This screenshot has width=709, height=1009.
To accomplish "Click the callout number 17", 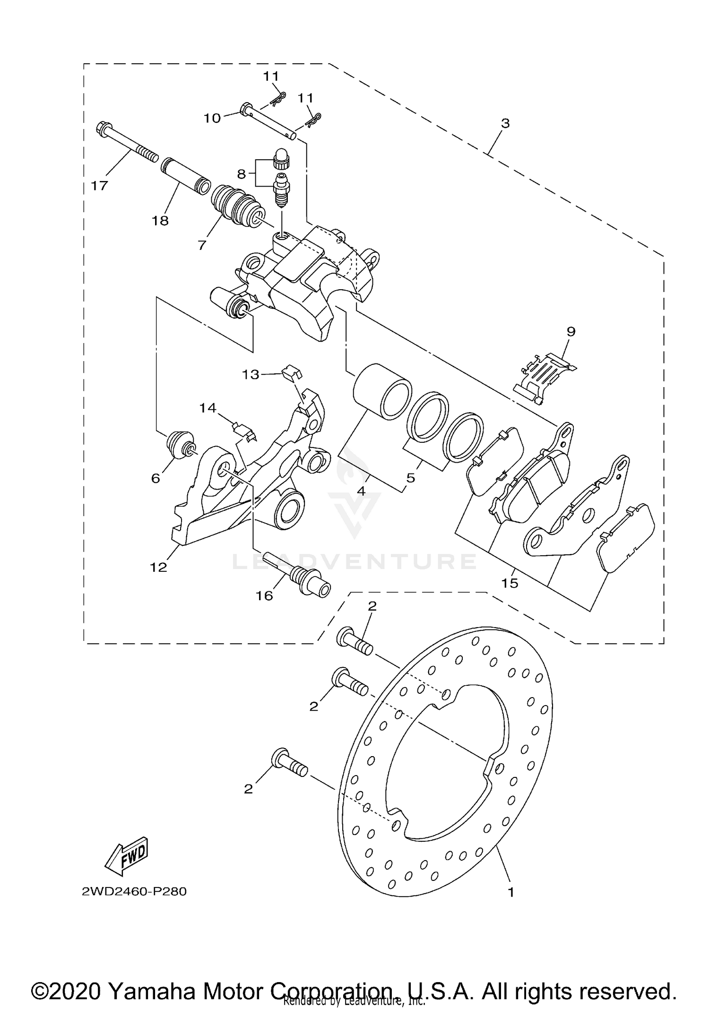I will pyautogui.click(x=99, y=186).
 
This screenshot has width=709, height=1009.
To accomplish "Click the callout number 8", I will pyautogui.click(x=242, y=174).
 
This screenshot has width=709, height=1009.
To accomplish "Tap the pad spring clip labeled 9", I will pyautogui.click(x=544, y=378).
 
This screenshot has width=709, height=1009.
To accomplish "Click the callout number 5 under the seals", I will pyautogui.click(x=410, y=478).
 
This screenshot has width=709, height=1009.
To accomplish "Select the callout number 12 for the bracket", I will pyautogui.click(x=159, y=567).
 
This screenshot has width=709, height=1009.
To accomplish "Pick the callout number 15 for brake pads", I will pyautogui.click(x=510, y=583).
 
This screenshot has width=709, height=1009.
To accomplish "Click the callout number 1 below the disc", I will pyautogui.click(x=510, y=892).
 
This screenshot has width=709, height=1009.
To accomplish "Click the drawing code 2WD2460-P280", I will pyautogui.click(x=134, y=891).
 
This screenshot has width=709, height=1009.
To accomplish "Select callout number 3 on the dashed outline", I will pyautogui.click(x=505, y=123).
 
